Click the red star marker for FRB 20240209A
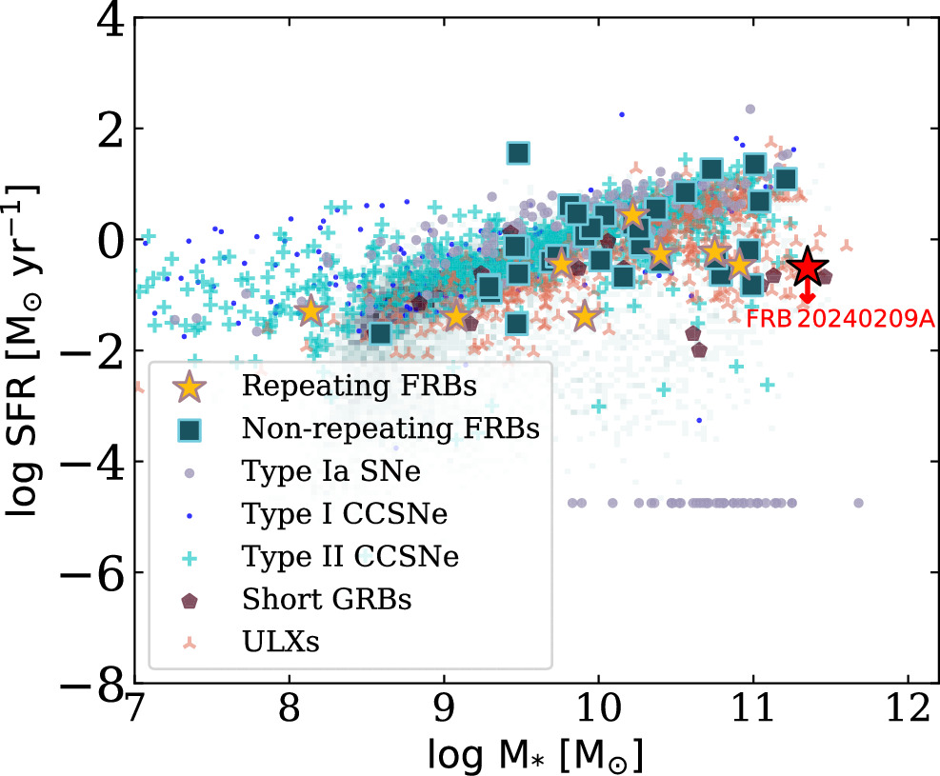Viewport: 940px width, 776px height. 808,268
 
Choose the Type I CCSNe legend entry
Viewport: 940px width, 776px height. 331,514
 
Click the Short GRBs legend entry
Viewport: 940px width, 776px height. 315,599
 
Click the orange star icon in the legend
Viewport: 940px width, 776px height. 190,387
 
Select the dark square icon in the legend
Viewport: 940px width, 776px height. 190,428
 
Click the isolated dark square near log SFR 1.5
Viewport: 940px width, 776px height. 518,153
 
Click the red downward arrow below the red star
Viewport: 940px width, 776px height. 808,294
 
